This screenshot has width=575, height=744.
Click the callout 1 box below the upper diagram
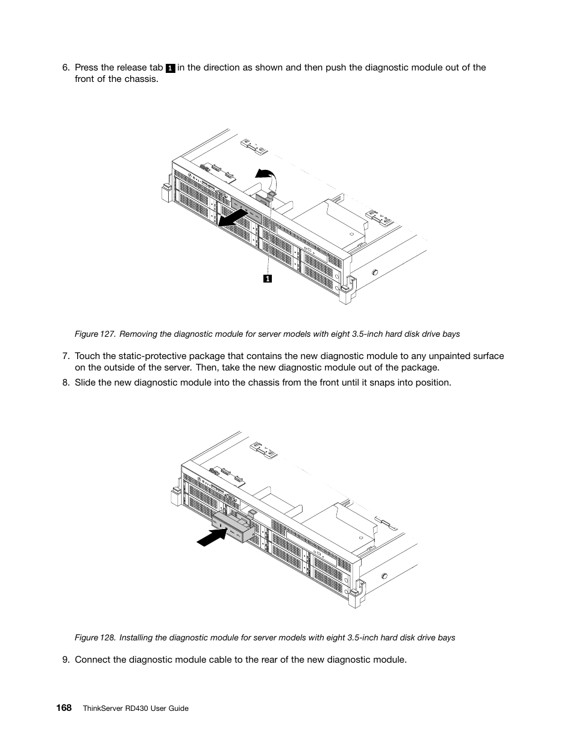(x=267, y=278)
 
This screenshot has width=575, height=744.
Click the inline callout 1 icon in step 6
(x=171, y=68)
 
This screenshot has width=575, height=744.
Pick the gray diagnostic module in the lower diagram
(x=232, y=527)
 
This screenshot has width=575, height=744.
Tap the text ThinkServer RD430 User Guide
(x=136, y=708)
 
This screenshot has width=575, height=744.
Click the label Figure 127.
(x=93, y=334)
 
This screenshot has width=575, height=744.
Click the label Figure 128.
(x=93, y=637)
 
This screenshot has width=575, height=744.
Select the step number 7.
(x=66, y=356)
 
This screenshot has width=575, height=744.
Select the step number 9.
(x=66, y=659)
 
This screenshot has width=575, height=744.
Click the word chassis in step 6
(x=145, y=79)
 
